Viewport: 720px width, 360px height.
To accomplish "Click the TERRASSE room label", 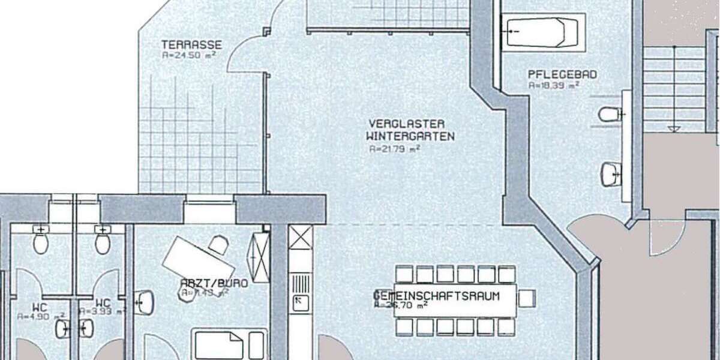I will click(191, 44).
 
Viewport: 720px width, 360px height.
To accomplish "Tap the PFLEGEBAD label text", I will click(562, 75).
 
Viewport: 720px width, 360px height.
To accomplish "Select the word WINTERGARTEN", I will click(410, 136).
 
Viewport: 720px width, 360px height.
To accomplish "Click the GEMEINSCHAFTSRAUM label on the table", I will click(437, 295).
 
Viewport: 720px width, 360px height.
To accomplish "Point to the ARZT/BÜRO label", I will click(206, 283).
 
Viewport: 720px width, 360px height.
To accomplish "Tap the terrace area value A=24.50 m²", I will click(188, 55).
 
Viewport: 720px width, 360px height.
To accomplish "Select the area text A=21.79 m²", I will click(393, 148).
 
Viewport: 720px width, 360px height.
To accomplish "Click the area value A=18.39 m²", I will click(553, 85).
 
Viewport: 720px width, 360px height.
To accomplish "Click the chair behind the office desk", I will click(218, 244).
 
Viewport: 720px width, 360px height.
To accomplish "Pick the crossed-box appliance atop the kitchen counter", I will click(300, 237).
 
